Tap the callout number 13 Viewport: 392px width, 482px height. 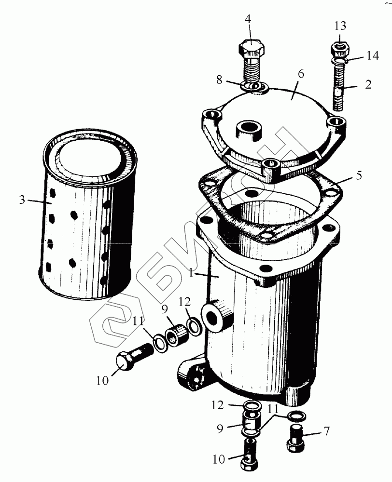tap(340, 26)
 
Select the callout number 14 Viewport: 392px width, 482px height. tap(372, 56)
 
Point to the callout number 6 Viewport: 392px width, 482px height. tap(301, 74)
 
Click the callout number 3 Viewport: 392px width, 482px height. tap(22, 200)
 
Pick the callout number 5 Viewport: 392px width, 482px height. tap(359, 175)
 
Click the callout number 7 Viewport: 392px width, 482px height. tap(326, 431)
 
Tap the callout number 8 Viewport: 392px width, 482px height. tap(219, 80)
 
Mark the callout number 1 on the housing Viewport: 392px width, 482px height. tap(191, 273)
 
